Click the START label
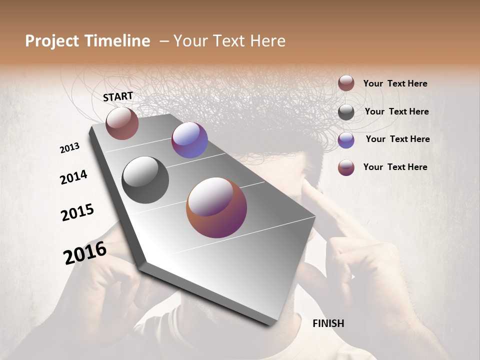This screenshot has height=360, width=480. (118, 96)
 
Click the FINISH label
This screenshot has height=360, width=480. (328, 323)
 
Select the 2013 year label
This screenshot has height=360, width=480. (69, 148)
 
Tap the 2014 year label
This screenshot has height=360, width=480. (73, 177)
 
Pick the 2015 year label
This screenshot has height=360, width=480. (77, 212)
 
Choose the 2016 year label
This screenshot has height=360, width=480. (85, 252)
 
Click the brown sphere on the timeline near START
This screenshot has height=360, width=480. (122, 123)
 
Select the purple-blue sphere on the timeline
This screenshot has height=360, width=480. (189, 140)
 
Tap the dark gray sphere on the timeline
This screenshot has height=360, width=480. (145, 180)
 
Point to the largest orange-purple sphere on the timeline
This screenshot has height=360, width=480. (216, 207)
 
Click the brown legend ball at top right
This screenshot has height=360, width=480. (346, 83)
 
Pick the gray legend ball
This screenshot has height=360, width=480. (346, 112)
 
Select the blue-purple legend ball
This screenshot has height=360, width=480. (346, 140)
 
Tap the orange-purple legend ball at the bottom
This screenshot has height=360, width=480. (346, 167)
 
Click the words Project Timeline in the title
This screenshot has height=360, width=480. (87, 41)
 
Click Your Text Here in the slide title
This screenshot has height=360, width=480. (229, 41)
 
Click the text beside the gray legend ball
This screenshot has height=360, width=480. (397, 111)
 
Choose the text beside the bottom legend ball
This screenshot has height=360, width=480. (395, 167)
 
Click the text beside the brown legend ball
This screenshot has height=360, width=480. (395, 83)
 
